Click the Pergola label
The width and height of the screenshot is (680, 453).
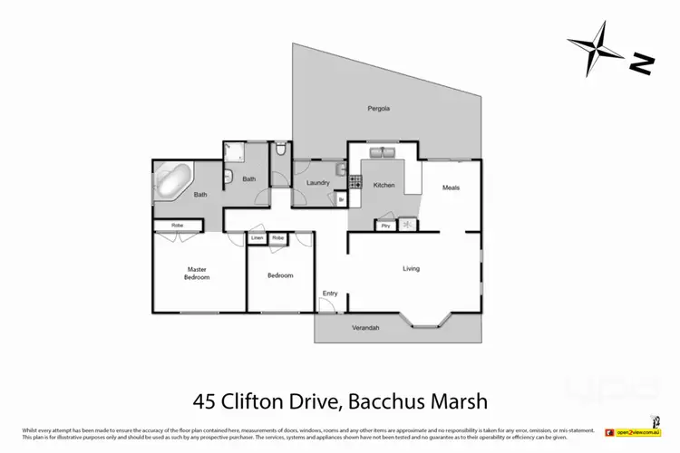pos(378,109)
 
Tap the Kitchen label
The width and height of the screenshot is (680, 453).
pos(384,185)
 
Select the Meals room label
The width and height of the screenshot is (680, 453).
pos(451,188)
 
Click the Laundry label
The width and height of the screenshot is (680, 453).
pos(317,184)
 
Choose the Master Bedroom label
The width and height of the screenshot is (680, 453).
pos(198,273)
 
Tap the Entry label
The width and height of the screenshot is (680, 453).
pos(329,294)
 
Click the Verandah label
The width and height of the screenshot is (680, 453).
pos(365,327)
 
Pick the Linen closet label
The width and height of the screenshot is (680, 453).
pos(257,238)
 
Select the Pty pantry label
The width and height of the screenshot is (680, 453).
pos(385,225)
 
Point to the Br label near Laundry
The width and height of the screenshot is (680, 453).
pos(341,199)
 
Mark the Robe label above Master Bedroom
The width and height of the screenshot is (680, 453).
pos(169,225)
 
